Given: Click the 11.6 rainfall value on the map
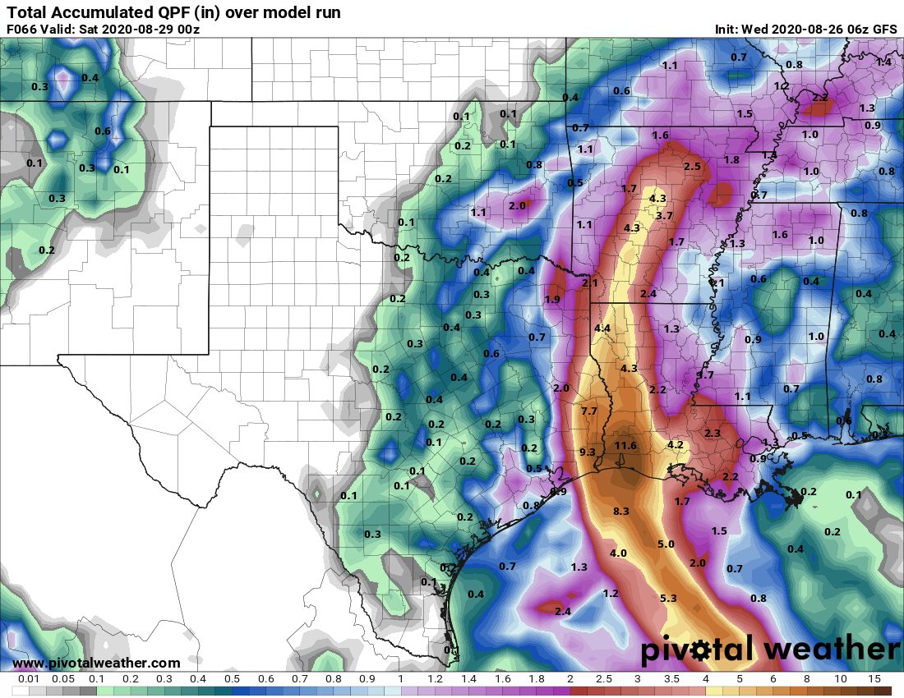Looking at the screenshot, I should [x=626, y=445].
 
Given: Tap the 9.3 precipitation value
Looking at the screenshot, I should [x=587, y=452].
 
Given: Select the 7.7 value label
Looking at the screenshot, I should [x=588, y=411].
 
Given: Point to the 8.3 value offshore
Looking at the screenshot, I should [x=620, y=511].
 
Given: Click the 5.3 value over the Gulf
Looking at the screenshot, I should [x=668, y=598].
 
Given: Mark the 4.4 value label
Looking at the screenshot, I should [x=602, y=328].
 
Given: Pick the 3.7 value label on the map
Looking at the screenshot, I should [x=665, y=215].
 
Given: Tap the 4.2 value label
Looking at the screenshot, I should [x=676, y=444].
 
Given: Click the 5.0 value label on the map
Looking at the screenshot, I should [x=666, y=544].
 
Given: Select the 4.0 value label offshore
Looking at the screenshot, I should [x=618, y=553].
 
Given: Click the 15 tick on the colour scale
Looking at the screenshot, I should [x=874, y=680].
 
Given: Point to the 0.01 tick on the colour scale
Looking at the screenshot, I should [x=28, y=680].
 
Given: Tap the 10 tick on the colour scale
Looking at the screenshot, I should [x=840, y=680].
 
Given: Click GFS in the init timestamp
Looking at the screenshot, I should [x=884, y=30].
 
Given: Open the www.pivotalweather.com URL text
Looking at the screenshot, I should [x=96, y=663].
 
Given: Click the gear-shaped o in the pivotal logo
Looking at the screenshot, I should [x=702, y=650].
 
